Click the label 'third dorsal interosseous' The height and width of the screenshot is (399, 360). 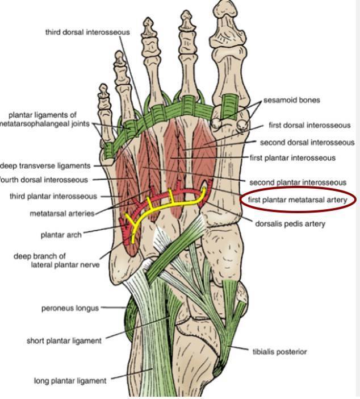click(x=87, y=32)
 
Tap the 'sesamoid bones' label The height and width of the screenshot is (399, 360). click(x=291, y=100)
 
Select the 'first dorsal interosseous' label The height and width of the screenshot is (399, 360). click(x=309, y=125)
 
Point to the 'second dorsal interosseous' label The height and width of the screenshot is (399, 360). click(x=307, y=142)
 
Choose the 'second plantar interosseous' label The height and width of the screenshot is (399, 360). click(x=298, y=182)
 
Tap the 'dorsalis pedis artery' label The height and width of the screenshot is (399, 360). click(x=291, y=224)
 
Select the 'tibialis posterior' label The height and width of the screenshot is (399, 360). click(x=279, y=352)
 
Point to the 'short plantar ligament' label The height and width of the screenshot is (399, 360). click(x=64, y=341)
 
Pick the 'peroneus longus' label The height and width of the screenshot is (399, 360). click(x=70, y=309)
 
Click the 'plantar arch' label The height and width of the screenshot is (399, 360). click(x=61, y=234)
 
